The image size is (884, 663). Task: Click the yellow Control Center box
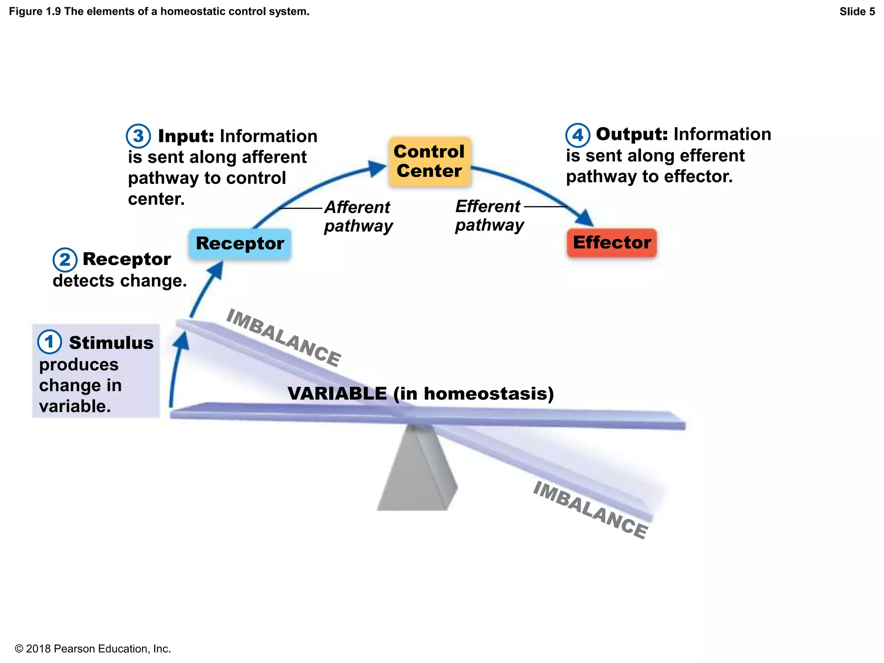click(x=429, y=161)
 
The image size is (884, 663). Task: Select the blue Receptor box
click(x=240, y=244)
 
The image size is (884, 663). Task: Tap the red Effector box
click(x=612, y=243)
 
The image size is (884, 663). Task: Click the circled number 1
click(x=49, y=342)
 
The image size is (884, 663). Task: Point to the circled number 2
click(x=65, y=260)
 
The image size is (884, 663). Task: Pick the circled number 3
click(x=138, y=136)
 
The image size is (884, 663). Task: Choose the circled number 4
click(x=578, y=135)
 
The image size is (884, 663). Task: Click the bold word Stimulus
click(x=111, y=343)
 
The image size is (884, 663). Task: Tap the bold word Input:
click(x=186, y=136)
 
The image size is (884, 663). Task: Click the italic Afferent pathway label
click(x=358, y=217)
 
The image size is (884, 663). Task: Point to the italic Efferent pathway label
click(x=489, y=215)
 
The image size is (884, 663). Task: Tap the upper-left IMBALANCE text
click(x=284, y=338)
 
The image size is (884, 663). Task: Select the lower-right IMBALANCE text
click(x=590, y=510)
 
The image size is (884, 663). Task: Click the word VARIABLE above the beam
click(x=337, y=394)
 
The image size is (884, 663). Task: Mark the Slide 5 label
click(x=857, y=12)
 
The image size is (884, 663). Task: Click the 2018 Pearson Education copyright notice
click(x=93, y=649)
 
